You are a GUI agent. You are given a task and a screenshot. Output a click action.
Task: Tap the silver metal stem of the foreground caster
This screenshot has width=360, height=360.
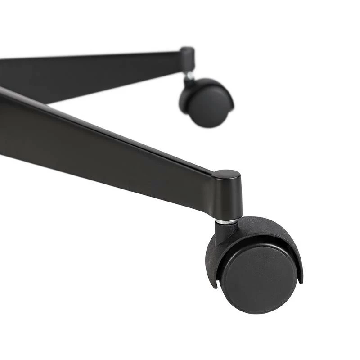coord(228,221)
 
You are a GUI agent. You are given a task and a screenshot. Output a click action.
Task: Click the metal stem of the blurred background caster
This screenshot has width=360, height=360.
coord(189,75)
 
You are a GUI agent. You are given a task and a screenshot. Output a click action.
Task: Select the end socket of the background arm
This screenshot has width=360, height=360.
coord(187,59)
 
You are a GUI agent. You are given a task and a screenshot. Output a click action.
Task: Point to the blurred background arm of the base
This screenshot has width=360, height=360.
coord(90,72)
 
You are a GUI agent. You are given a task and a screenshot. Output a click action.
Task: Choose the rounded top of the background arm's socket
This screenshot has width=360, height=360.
coord(187,49)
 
